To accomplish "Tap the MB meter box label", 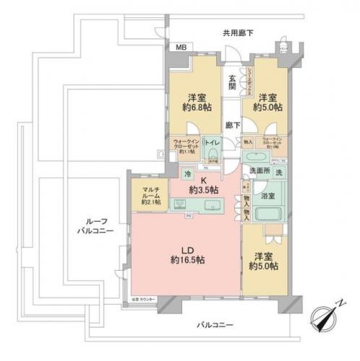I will point(179,49).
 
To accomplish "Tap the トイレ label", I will point(212,144).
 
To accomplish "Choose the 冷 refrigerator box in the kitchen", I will point(187,174).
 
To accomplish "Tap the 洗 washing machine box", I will point(279,173).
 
